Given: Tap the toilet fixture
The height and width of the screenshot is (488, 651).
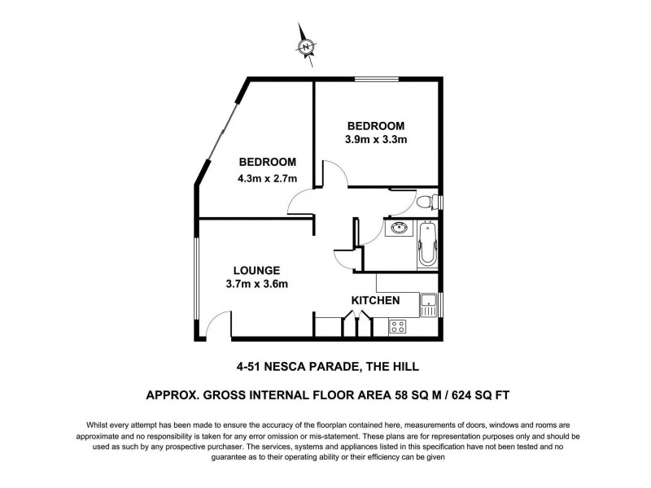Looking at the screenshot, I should click(x=426, y=203).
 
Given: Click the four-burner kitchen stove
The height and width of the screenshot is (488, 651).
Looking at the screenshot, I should click(x=399, y=326).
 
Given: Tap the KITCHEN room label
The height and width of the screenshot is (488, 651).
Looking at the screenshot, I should click(x=375, y=301).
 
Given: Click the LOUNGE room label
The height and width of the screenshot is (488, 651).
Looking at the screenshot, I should click(x=256, y=270).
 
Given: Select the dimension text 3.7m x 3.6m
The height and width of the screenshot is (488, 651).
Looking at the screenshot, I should click(x=257, y=284).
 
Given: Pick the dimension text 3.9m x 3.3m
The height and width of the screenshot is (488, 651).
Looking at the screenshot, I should click(x=375, y=139).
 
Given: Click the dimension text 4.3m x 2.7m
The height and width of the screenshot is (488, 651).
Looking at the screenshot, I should click(x=268, y=178).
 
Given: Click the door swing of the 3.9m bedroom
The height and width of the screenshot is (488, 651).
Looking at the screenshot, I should click(x=334, y=174).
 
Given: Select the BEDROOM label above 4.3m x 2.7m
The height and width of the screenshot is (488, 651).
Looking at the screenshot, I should click(x=268, y=162).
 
